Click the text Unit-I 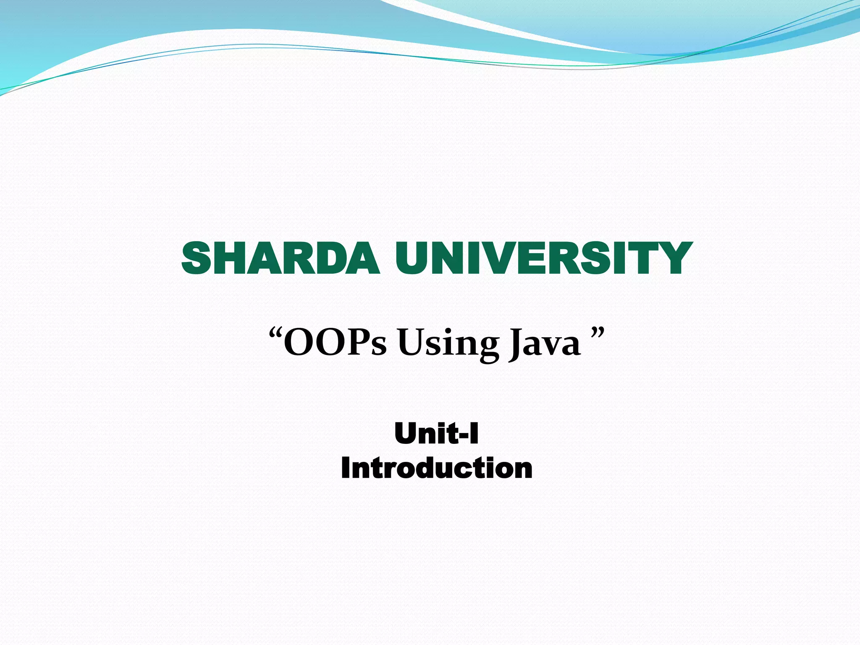click(x=437, y=434)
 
